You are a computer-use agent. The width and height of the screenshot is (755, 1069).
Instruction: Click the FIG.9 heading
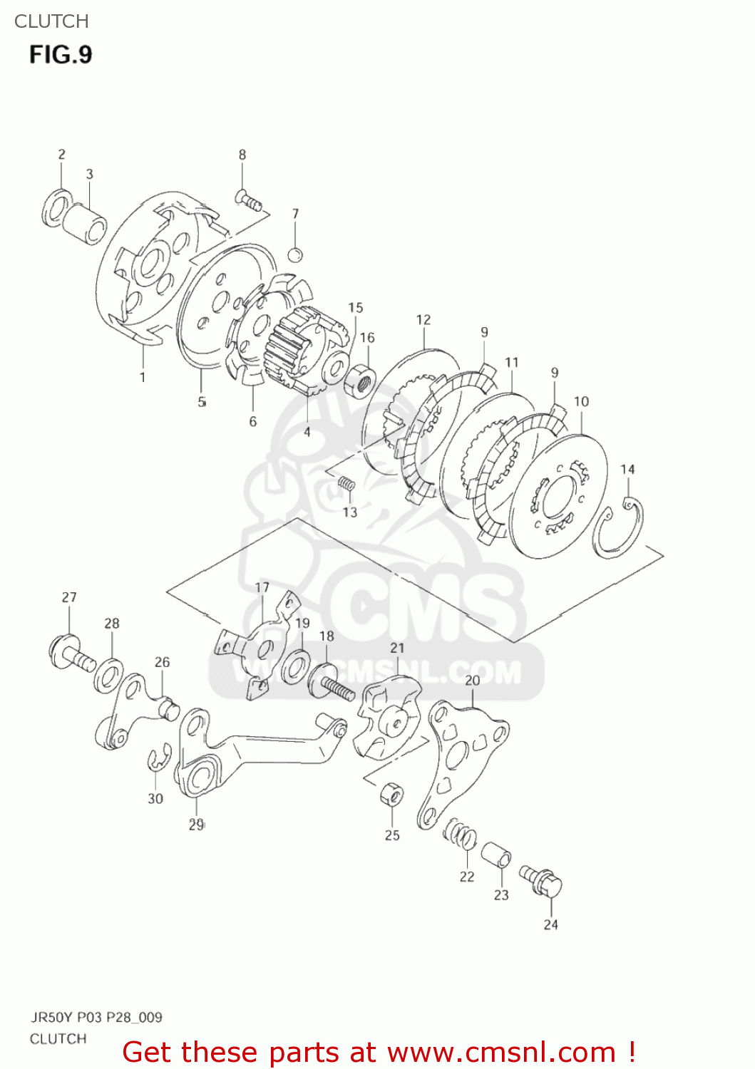pos(61,55)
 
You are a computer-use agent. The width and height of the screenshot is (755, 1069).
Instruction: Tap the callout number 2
pos(62,154)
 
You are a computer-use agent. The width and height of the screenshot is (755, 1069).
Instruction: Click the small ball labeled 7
pos(296,254)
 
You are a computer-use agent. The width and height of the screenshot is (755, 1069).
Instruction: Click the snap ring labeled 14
pos(618,528)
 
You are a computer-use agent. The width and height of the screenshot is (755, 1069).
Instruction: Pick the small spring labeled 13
pos(346,484)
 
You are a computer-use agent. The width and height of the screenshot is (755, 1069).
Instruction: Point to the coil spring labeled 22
pos(460,835)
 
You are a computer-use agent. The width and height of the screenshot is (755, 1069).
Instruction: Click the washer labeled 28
pos(108,676)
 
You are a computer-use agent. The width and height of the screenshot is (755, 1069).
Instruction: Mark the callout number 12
pos(423,319)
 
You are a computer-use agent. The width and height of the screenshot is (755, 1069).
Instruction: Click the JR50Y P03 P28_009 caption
pos(96,1017)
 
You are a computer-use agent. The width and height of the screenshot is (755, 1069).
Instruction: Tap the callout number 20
pos(473,681)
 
